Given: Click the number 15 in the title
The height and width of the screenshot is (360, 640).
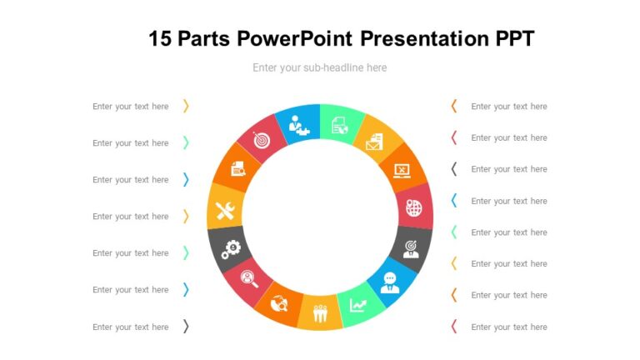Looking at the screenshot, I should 161,38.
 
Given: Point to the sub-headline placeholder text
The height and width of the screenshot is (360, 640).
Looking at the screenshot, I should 320,67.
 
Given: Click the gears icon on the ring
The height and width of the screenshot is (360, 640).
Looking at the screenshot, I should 230,247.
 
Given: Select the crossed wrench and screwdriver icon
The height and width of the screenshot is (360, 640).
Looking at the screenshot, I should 225,212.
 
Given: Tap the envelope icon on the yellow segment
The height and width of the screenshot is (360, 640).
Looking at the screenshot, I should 372,143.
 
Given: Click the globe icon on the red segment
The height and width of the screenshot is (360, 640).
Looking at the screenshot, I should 414,207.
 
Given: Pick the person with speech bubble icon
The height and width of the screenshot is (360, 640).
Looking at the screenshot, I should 389,282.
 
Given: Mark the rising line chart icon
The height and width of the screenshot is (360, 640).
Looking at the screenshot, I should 357,306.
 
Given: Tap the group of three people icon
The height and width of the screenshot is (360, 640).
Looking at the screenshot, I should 320,314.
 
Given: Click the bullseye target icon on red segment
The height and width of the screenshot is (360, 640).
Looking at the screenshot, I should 262,141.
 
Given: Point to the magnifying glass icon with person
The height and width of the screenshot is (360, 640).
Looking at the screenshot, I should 249,279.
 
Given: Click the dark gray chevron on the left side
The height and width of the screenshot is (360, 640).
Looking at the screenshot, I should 186,327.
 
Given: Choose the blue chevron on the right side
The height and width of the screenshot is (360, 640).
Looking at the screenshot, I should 454,200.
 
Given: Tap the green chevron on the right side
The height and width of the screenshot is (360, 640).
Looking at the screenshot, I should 454,232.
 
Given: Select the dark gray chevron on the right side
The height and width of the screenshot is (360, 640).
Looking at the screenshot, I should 454,168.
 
